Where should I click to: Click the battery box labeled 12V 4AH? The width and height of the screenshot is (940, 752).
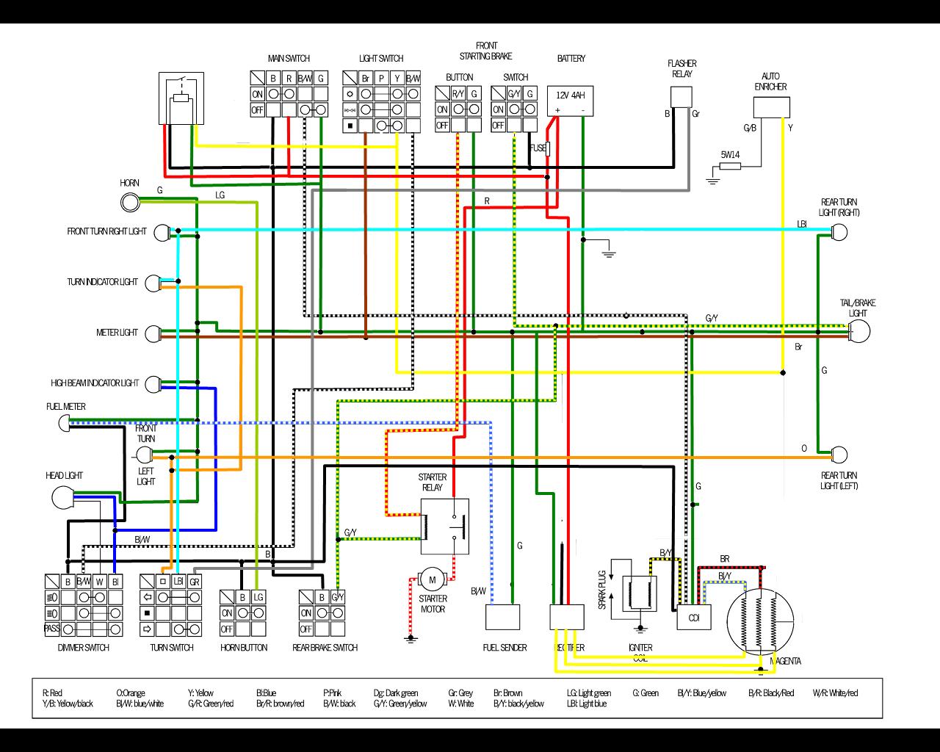click(571, 101)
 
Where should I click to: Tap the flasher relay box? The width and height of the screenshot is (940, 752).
click(681, 97)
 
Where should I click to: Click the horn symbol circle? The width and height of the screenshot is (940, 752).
click(130, 201)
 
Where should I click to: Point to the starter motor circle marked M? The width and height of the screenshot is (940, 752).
click(432, 580)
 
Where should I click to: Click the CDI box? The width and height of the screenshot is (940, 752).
click(694, 618)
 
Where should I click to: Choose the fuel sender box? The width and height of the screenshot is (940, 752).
click(502, 617)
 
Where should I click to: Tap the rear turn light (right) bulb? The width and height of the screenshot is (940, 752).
click(839, 233)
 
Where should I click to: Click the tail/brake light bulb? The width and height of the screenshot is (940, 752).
click(858, 331)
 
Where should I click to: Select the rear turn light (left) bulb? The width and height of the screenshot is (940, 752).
click(839, 455)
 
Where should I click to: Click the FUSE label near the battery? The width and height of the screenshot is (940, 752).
click(538, 148)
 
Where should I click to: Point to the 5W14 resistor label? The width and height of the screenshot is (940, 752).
click(730, 154)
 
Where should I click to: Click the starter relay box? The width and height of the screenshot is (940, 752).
click(444, 526)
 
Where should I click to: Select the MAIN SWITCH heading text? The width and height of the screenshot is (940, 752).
click(289, 59)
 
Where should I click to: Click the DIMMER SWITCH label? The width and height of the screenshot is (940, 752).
click(83, 648)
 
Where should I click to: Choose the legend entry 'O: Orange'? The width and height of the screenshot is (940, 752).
click(131, 693)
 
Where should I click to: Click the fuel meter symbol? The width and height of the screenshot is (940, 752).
click(64, 422)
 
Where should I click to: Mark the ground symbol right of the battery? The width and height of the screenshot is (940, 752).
click(608, 253)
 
